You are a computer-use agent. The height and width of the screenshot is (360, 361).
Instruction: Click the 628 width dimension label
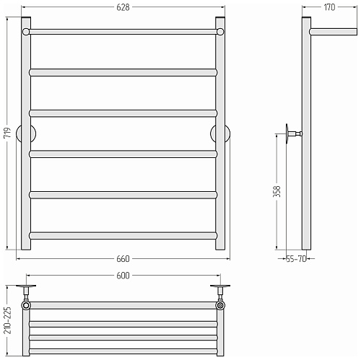click(x=123, y=7)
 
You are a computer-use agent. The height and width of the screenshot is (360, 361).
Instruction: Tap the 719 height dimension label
click(x=7, y=133)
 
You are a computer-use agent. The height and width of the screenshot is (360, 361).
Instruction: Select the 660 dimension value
click(x=123, y=259)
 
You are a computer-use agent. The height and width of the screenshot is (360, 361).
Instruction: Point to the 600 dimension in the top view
click(x=123, y=276)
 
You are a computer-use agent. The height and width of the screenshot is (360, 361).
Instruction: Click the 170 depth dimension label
click(x=329, y=7)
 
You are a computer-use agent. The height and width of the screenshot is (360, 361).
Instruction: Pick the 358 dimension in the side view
click(x=277, y=191)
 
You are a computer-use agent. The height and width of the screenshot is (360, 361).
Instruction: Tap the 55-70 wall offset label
click(x=296, y=259)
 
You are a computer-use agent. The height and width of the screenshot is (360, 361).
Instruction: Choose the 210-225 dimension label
click(x=7, y=320)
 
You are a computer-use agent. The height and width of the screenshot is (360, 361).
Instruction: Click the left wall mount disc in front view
click(x=26, y=133)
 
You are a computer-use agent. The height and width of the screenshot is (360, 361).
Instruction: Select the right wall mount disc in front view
click(x=220, y=133)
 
